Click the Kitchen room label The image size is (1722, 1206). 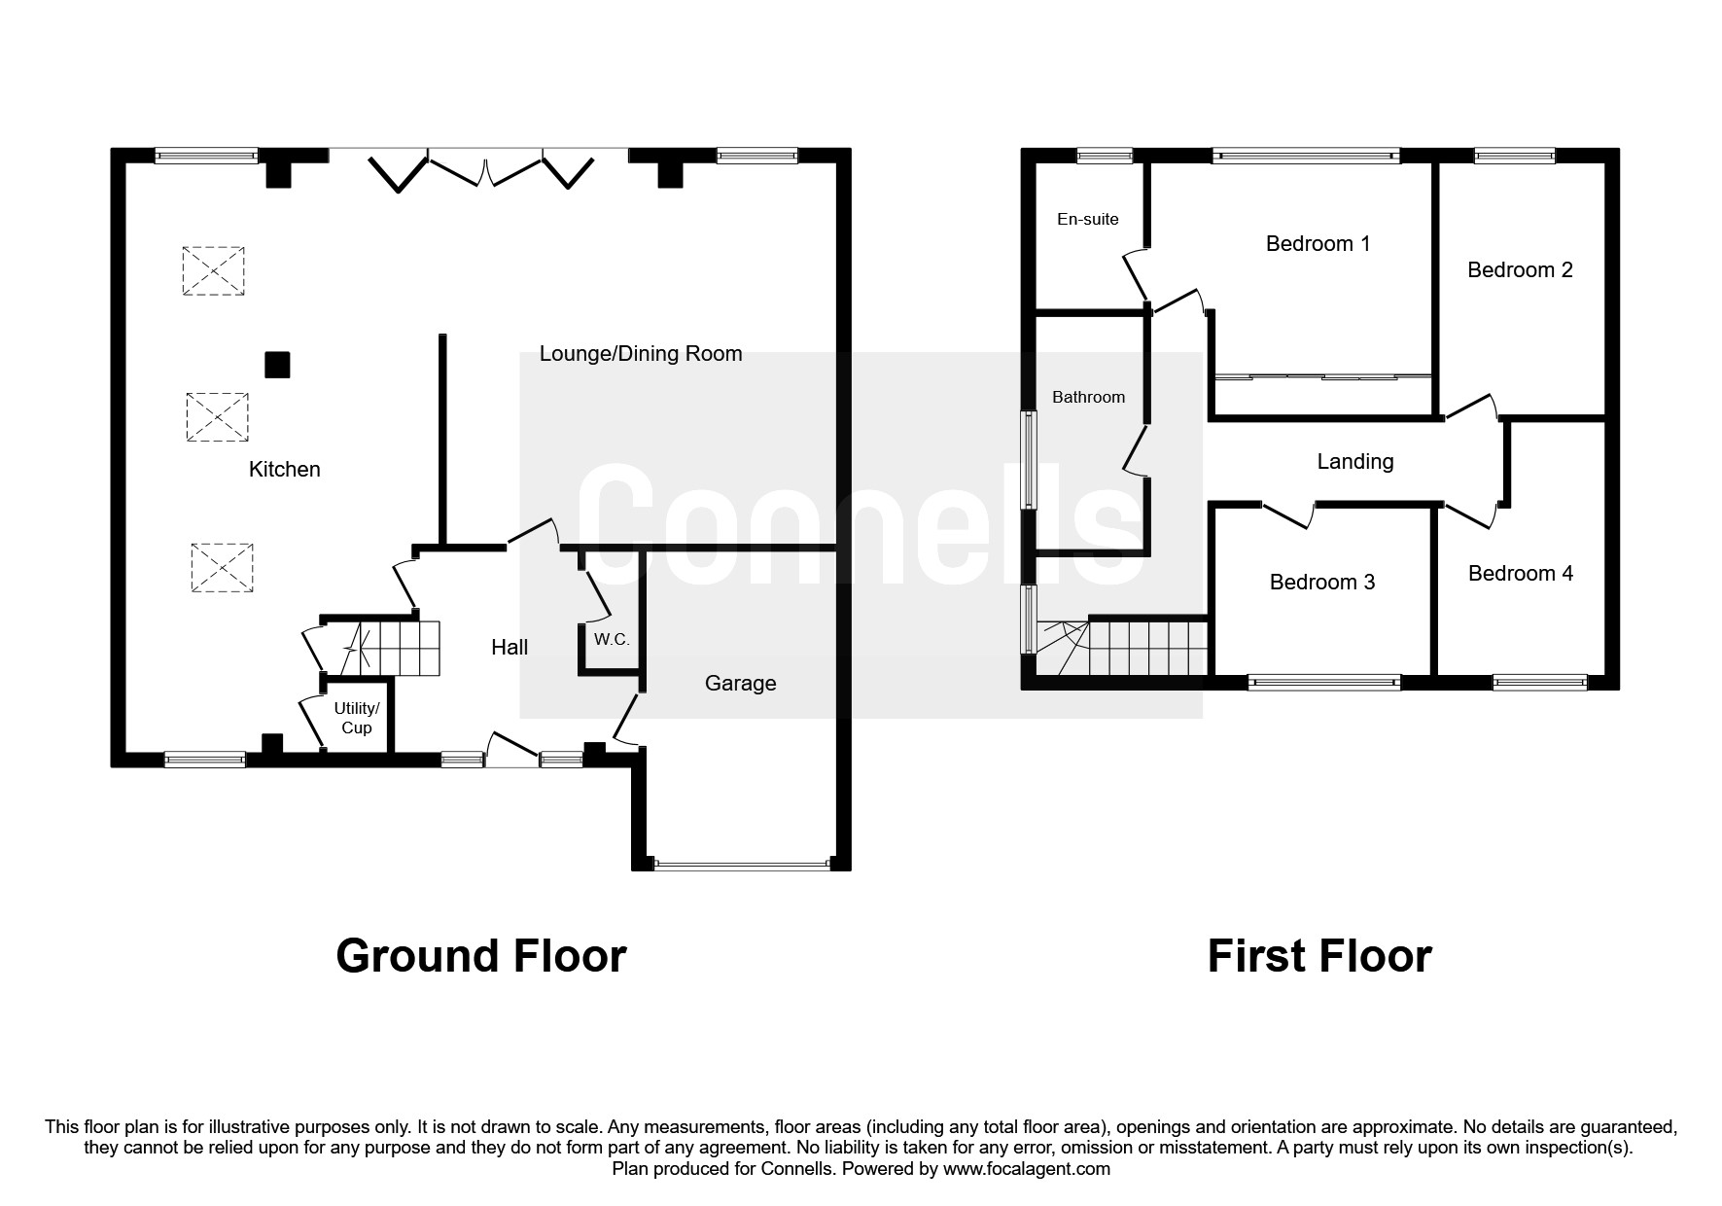pos(284,470)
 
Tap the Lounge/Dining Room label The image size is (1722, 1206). pos(641,354)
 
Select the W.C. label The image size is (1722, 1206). pos(612,640)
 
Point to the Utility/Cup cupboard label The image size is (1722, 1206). pos(357,718)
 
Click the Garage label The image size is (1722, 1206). pos(740,684)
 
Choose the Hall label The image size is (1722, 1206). pos(510,648)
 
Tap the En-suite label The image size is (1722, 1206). pos(1087,219)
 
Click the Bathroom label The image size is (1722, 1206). pos(1088,397)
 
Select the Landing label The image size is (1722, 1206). pos(1354,462)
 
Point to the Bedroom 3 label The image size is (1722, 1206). pos(1321,583)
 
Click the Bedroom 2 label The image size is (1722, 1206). pos(1519,270)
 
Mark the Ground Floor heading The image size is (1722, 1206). pos(480,956)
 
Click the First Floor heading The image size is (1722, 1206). pos(1318,956)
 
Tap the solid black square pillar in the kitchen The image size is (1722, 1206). pos(277,365)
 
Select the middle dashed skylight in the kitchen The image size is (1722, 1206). pos(217,417)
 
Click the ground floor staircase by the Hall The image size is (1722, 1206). pos(399,649)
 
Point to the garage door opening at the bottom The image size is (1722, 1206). pos(742,862)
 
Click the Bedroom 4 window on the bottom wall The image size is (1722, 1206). pos(1539,683)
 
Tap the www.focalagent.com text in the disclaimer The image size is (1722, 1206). pos(1026,1169)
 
